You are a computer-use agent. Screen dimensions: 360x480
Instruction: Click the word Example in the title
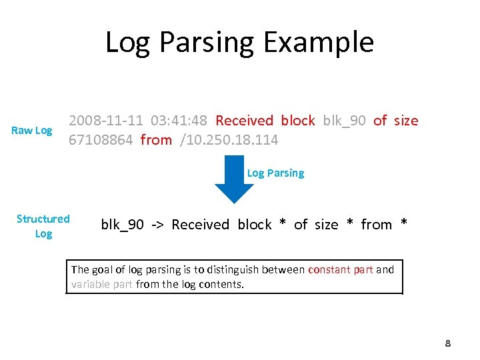(319, 43)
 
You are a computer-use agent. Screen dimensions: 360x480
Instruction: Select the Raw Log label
(32, 131)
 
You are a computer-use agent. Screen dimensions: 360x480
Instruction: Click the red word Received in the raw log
(245, 121)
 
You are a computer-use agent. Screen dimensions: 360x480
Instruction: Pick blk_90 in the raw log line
(344, 121)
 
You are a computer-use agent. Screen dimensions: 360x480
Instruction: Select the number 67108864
(101, 140)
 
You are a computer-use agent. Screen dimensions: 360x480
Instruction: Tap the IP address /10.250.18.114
(227, 140)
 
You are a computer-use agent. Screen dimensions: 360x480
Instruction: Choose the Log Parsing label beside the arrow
(275, 173)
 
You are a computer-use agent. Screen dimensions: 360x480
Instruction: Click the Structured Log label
(43, 226)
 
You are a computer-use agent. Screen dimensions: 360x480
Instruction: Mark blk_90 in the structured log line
(122, 225)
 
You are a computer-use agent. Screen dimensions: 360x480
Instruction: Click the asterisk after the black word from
(404, 225)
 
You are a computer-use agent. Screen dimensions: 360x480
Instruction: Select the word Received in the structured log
(200, 225)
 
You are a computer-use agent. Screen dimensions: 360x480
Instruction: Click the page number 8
(448, 344)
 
